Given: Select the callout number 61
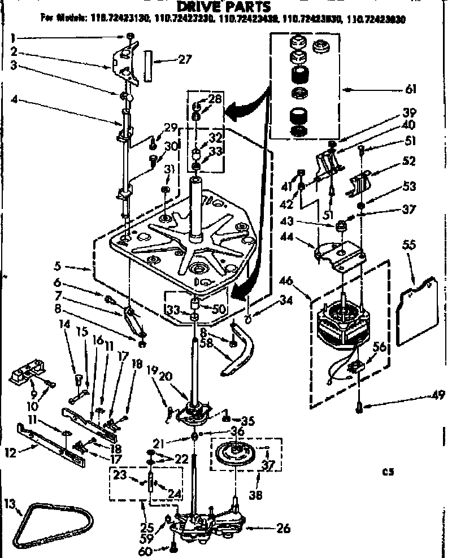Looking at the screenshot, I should point(411,89).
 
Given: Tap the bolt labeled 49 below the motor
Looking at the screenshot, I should point(361,405).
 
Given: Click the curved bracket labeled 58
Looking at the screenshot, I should point(240,353).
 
